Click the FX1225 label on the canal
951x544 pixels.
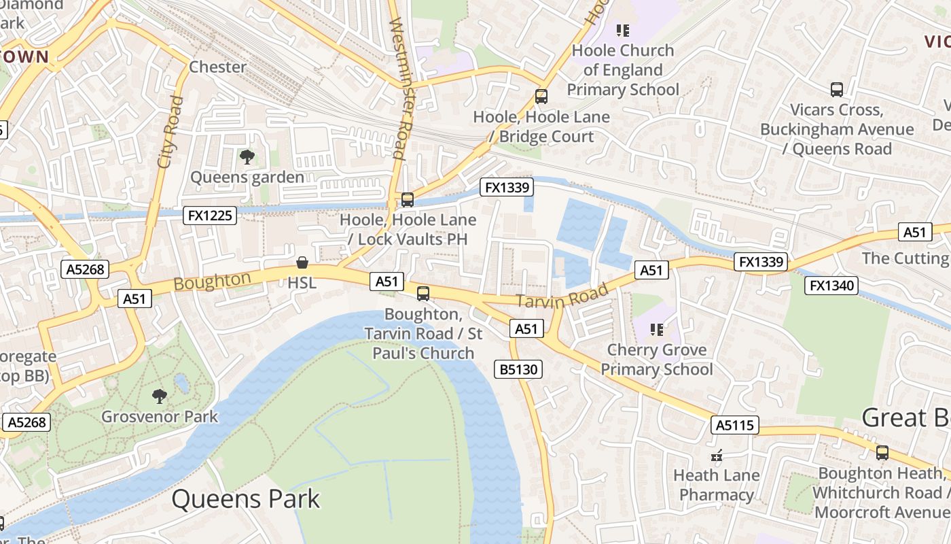(211, 216)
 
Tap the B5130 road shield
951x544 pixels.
(519, 369)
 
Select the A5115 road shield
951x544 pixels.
(735, 426)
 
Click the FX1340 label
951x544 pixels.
(831, 286)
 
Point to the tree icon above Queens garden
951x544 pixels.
(247, 157)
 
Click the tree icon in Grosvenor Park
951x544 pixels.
(160, 396)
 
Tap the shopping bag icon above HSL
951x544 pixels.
(302, 262)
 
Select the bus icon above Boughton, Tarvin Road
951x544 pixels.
(423, 294)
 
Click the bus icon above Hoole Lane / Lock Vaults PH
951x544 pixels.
(408, 200)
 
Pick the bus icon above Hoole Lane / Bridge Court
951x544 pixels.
(541, 97)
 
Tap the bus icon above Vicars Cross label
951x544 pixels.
(837, 90)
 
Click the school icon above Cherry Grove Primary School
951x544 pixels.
(656, 330)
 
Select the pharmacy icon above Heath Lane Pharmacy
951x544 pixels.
(716, 455)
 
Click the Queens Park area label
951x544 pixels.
(245, 499)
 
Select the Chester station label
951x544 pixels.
(217, 67)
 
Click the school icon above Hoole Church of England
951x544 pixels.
(622, 31)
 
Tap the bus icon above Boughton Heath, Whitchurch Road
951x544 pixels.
(882, 452)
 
